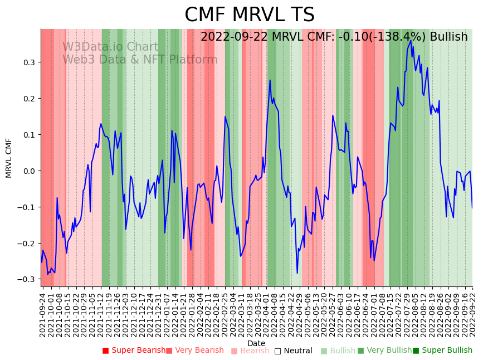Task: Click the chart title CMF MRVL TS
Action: pos(249,15)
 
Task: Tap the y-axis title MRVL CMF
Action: pos(9,158)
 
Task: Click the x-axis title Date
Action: pos(256,343)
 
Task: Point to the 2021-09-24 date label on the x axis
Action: pos(43,314)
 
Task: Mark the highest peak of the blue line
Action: pos(411,40)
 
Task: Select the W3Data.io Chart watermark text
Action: pos(110,47)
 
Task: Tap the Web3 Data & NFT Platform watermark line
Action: pos(140,60)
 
